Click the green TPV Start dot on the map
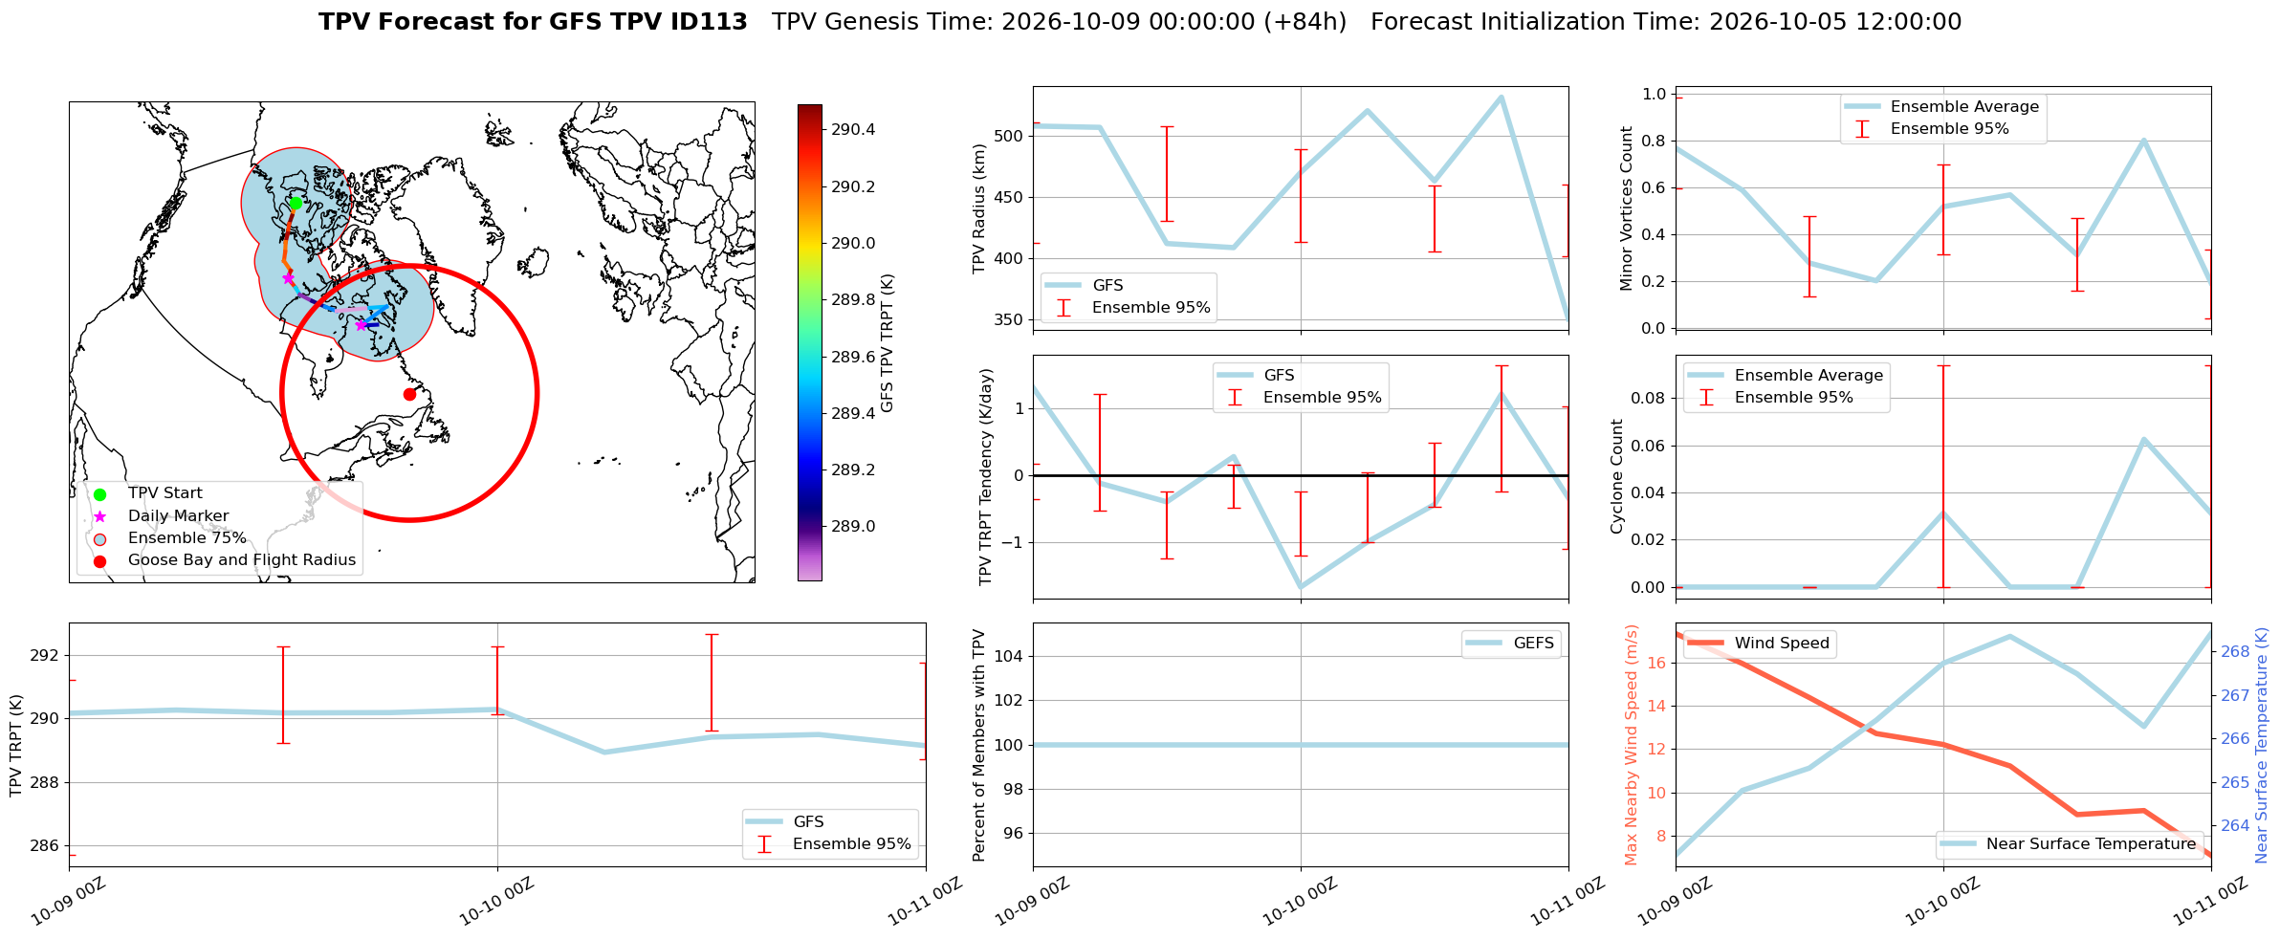pyautogui.click(x=296, y=203)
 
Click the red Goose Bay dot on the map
pyautogui.click(x=409, y=394)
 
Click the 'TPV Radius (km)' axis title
pyautogui.click(x=979, y=208)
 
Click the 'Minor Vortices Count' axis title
pyautogui.click(x=1627, y=208)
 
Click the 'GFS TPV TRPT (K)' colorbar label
pyautogui.click(x=887, y=343)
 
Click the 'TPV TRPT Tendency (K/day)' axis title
pyautogui.click(x=986, y=477)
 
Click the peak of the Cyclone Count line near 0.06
pyautogui.click(x=2144, y=439)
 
